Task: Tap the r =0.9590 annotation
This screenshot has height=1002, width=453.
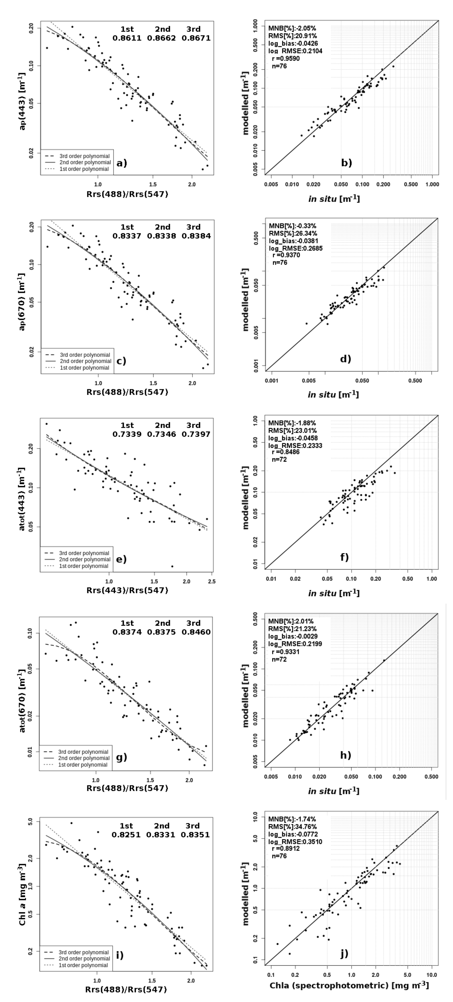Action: pos(286,58)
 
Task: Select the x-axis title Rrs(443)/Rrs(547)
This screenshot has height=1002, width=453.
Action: pos(127,590)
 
